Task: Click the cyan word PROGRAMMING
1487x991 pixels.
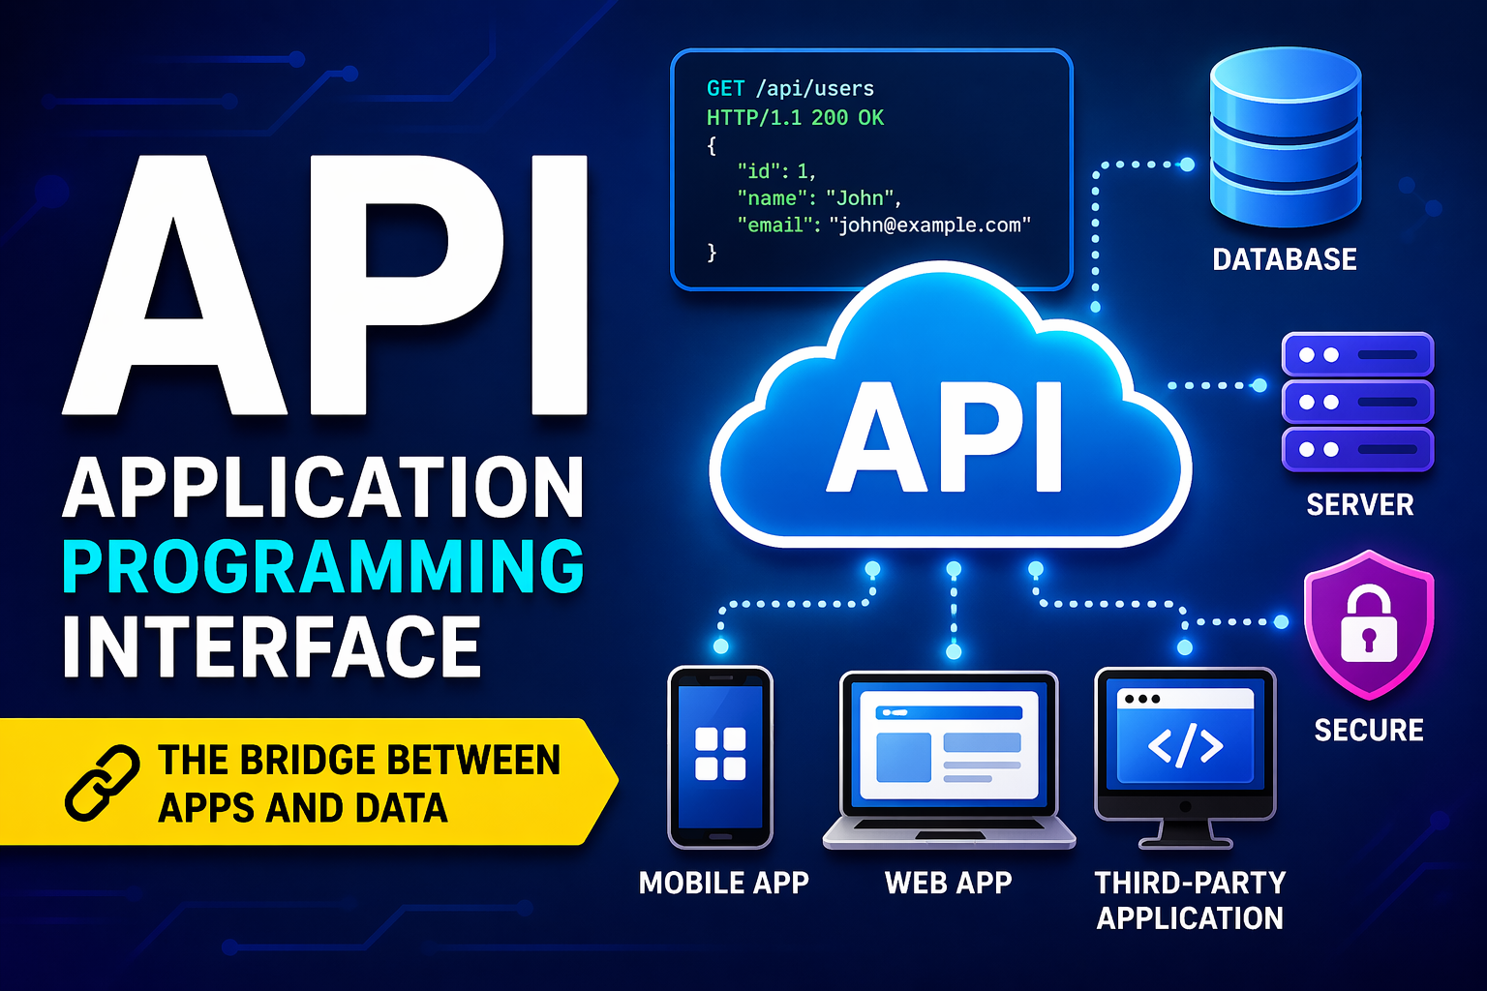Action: point(323,565)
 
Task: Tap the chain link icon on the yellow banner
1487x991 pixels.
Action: point(103,783)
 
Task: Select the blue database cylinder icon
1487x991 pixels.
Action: point(1286,136)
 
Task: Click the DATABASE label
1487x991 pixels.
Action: point(1285,258)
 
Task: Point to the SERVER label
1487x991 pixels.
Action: point(1360,504)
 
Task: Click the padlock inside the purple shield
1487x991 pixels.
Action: point(1368,623)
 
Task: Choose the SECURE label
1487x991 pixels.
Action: point(1369,730)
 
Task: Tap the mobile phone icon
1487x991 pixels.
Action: point(720,758)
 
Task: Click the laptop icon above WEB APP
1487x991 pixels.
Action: point(950,760)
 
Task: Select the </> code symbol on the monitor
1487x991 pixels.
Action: point(1186,746)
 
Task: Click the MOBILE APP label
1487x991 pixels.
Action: point(723,883)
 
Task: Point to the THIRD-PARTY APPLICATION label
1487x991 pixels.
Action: point(1190,901)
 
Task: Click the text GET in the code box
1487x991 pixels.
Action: point(725,88)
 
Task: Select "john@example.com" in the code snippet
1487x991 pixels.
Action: point(930,225)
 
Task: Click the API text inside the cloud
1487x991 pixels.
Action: point(944,438)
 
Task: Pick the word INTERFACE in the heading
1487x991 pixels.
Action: point(271,646)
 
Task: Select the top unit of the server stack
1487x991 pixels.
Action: point(1357,354)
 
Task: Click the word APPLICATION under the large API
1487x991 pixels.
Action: point(323,487)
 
